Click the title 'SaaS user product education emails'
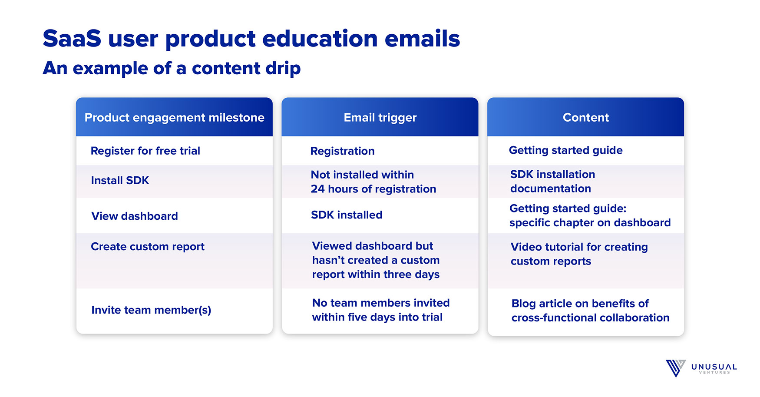[251, 39]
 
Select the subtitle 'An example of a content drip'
[172, 69]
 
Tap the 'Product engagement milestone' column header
[174, 118]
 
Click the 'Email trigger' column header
[380, 118]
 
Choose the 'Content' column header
[586, 117]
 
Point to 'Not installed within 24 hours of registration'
[373, 182]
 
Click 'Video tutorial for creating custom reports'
[579, 254]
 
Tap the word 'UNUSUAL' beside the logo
[714, 367]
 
